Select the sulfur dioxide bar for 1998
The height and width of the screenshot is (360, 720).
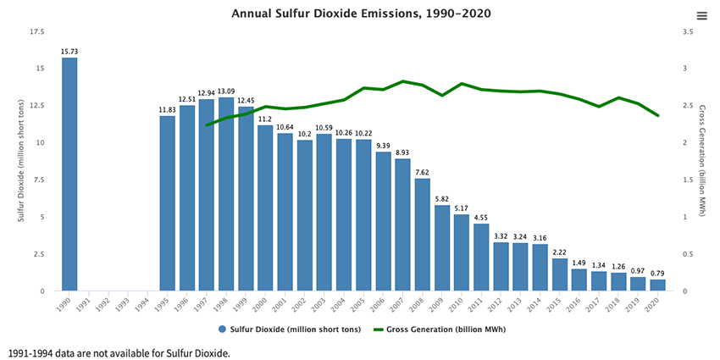pyautogui.click(x=226, y=194)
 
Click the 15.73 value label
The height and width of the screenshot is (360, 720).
pyautogui.click(x=69, y=52)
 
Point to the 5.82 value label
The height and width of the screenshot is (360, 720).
pyautogui.click(x=442, y=198)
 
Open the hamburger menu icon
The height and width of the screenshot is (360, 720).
pyautogui.click(x=701, y=16)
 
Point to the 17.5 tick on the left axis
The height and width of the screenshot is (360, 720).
pyautogui.click(x=36, y=32)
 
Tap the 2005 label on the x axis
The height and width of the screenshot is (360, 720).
pyautogui.click(x=363, y=302)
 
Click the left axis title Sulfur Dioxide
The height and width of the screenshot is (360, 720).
pyautogui.click(x=20, y=161)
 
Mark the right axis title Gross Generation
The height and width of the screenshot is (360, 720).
pyautogui.click(x=702, y=161)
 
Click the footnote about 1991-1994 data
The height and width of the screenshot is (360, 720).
pyautogui.click(x=119, y=352)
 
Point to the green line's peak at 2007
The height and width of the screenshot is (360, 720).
pyautogui.click(x=403, y=81)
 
